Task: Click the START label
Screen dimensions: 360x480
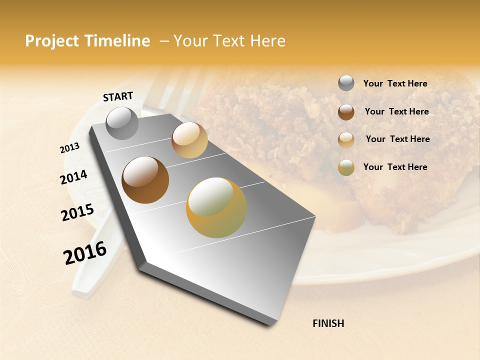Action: click(118, 96)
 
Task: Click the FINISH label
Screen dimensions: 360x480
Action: click(328, 323)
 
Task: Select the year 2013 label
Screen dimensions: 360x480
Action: click(69, 148)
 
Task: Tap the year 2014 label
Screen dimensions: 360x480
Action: click(73, 177)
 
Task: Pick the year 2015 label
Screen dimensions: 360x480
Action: click(77, 212)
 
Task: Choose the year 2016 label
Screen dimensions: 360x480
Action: click(85, 253)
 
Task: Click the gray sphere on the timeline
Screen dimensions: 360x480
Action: click(122, 123)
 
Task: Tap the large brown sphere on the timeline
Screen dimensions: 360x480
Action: click(145, 180)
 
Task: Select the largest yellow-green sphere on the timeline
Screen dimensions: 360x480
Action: click(216, 207)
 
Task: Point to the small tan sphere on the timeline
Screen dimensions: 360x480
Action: click(189, 140)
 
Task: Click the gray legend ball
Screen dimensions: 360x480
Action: click(346, 83)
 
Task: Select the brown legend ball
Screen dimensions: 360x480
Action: click(346, 111)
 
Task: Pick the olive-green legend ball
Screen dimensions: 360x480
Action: click(346, 167)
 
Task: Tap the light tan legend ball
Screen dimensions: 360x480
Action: click(346, 139)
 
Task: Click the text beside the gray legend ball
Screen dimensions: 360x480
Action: click(395, 83)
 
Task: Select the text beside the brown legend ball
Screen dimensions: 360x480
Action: click(396, 111)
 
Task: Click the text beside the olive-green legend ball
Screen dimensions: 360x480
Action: click(395, 167)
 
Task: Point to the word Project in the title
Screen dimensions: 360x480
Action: click(52, 41)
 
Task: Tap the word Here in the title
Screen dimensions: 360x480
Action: click(267, 41)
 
